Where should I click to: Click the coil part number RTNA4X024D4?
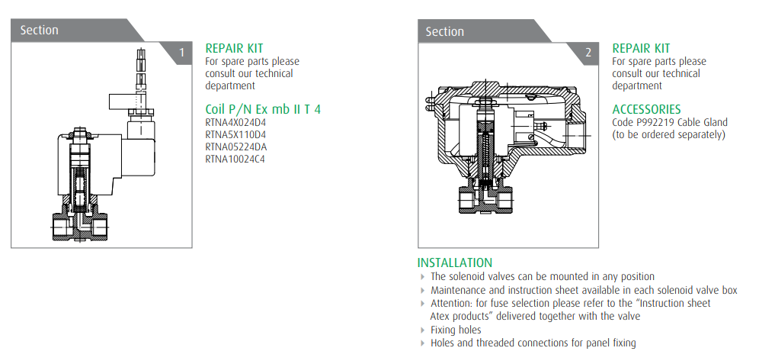tap(235, 122)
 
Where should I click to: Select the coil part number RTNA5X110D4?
tap(235, 134)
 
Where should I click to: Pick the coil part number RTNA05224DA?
tap(236, 147)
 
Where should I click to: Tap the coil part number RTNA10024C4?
tap(235, 159)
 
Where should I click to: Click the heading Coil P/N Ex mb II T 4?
tap(263, 109)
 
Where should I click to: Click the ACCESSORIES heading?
tap(646, 109)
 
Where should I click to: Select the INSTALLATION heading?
tap(454, 263)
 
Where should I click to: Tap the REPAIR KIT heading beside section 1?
tap(234, 49)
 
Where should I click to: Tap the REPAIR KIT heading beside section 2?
tap(641, 49)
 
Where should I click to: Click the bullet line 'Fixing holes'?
tap(456, 330)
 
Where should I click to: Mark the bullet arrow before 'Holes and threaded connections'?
tap(424, 343)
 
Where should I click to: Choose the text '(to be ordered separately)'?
tap(668, 134)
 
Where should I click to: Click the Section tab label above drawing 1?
tap(39, 30)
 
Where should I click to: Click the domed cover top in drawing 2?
tap(504, 90)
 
